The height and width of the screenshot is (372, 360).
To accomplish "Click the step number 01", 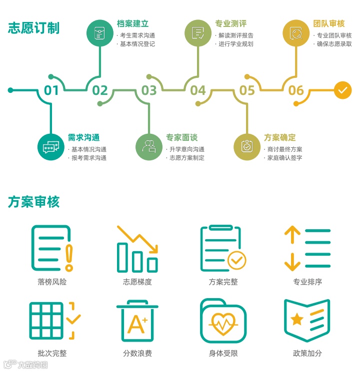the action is coord(51,90).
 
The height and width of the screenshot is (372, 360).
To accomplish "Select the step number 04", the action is coord(198,90).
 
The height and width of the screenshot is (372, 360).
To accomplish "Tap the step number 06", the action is coord(296,90).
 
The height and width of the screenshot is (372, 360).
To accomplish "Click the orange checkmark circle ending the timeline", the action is coord(342,90).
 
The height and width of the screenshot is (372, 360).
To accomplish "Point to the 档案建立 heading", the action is coord(132,23).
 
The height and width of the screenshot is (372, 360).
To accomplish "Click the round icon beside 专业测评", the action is coord(198,33).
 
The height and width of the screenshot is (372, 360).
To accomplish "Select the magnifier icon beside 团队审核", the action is coord(296,33).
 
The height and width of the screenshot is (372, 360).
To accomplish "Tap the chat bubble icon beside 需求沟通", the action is coord(51,147).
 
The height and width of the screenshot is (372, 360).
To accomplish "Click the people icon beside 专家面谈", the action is coord(149,147).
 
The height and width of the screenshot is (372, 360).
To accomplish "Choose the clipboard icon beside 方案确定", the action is coord(247,147).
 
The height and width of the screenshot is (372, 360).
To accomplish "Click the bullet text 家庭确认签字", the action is coord(284,158).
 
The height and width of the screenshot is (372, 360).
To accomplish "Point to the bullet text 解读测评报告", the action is coord(235,35).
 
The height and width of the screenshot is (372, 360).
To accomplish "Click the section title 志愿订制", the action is coord(33,28).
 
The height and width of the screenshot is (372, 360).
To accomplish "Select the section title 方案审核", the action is coord(33,202).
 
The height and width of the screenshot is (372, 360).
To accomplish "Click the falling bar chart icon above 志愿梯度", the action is coord(137,248).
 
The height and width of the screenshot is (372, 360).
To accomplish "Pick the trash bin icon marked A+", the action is coord(137,321).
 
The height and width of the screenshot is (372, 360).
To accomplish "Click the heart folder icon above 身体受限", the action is coord(223,321).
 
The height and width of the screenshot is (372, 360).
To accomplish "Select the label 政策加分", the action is coord(307,353).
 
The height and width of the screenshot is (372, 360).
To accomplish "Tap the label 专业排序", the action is coord(307,282).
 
